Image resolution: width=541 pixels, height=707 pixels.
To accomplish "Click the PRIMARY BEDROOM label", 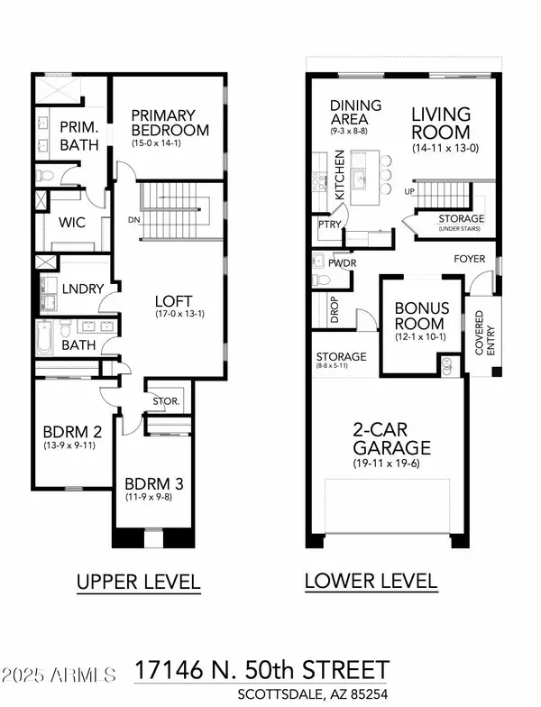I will (170, 122).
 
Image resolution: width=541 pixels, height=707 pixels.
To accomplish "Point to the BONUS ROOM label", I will (419, 317).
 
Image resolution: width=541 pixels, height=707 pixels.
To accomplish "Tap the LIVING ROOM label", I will (440, 123).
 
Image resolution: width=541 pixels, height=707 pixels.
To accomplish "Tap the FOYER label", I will (469, 260).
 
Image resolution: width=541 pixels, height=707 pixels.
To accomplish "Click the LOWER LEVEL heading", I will (371, 580).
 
